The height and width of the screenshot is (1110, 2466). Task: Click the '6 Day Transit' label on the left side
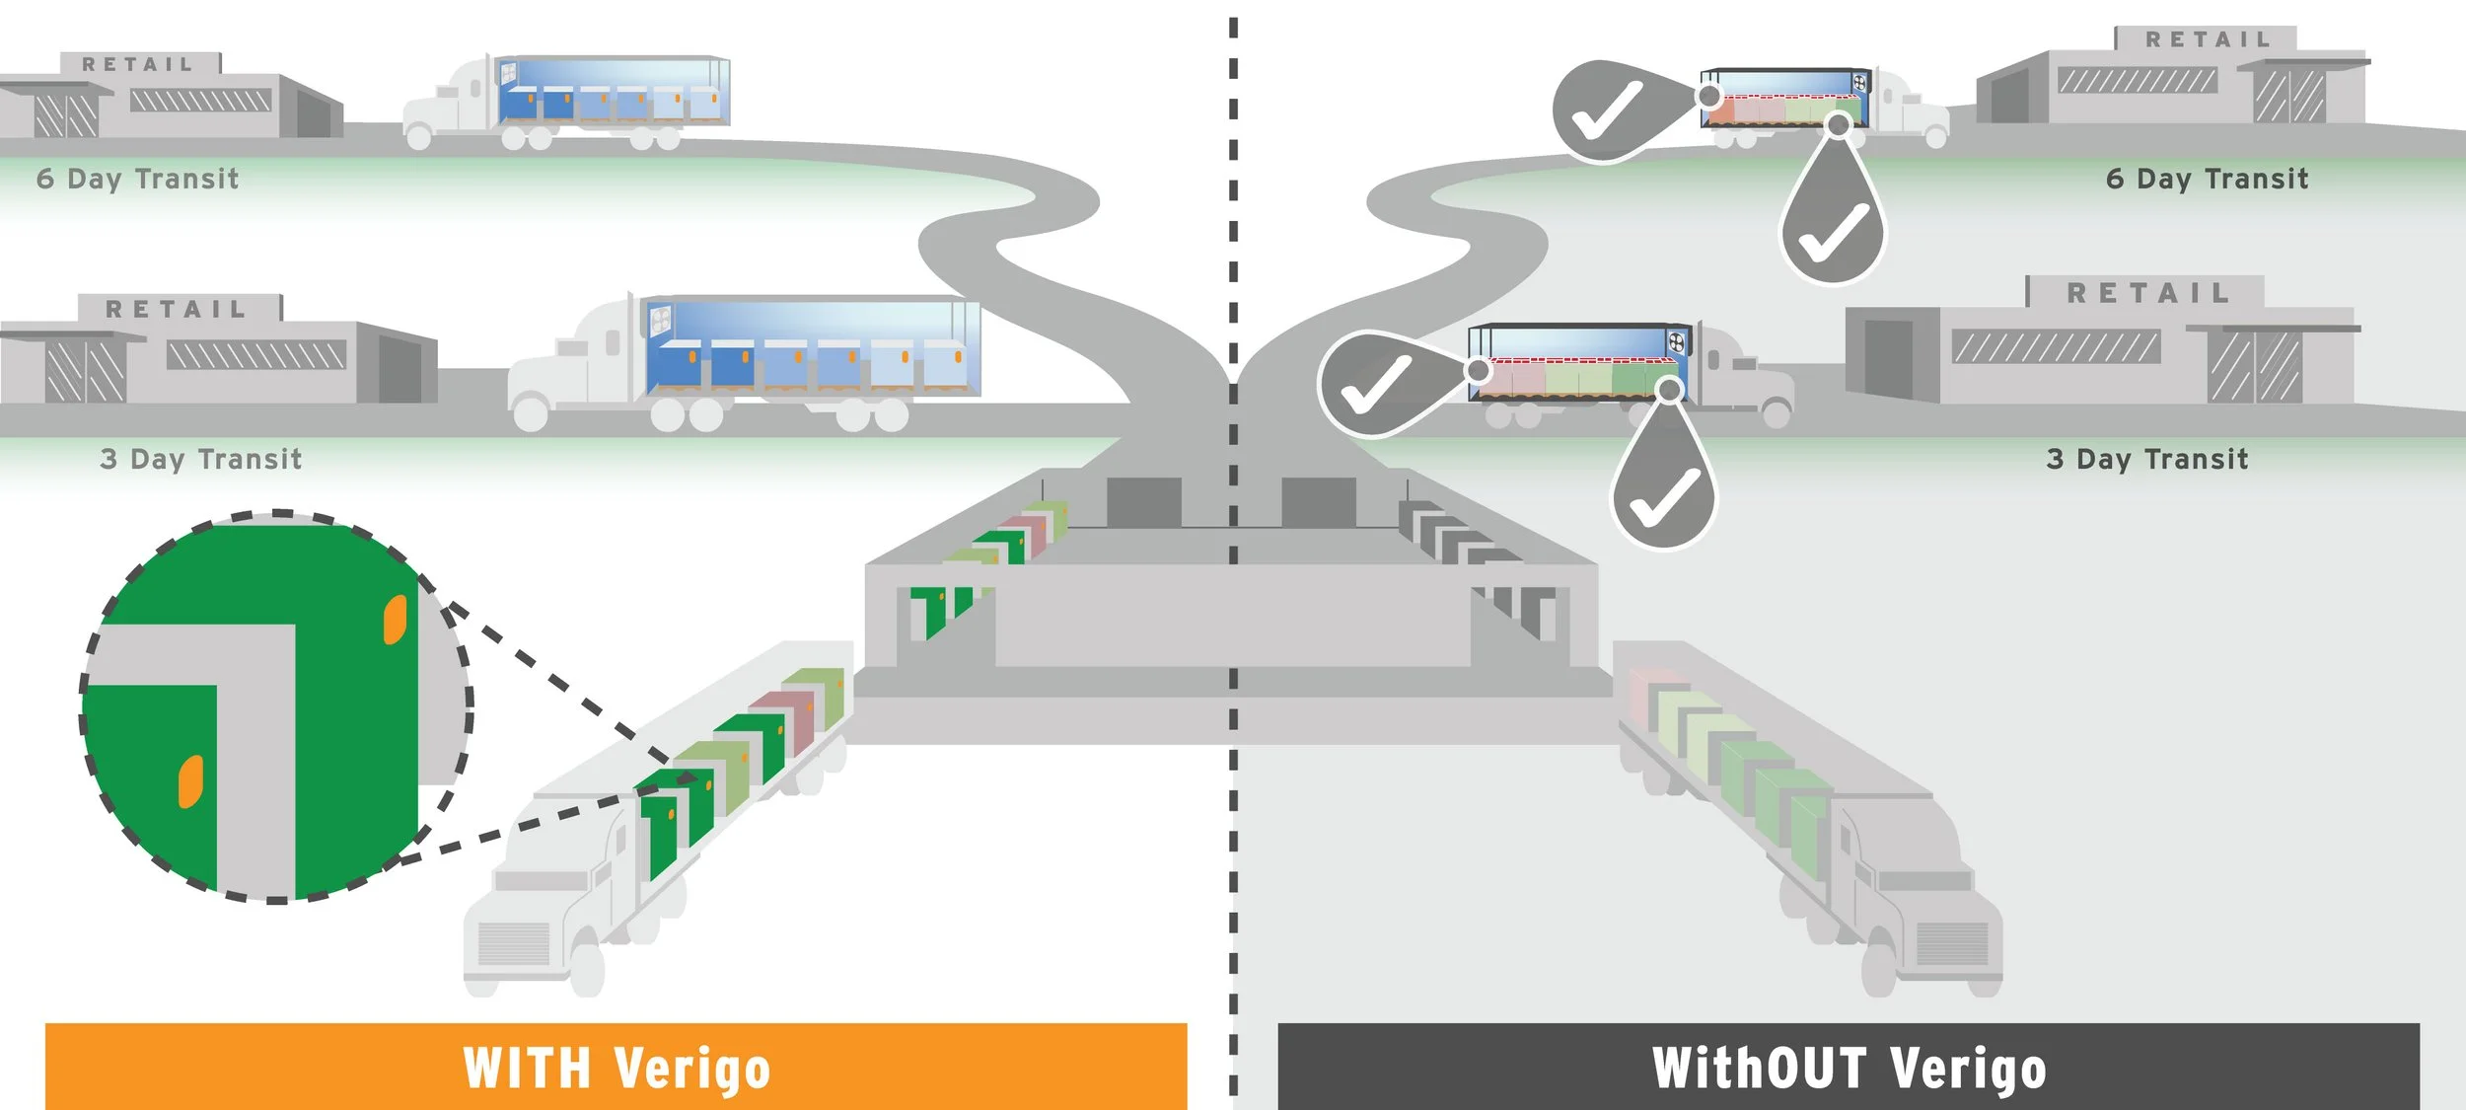[x=138, y=179]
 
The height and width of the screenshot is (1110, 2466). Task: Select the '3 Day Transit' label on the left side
[x=201, y=459]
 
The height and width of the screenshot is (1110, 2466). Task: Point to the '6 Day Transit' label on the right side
[x=2207, y=179]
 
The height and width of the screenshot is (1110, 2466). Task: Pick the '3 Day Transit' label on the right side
[x=2147, y=459]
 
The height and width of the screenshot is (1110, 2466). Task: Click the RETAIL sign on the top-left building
[x=138, y=65]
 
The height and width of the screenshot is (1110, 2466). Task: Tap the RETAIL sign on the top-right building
[x=2208, y=40]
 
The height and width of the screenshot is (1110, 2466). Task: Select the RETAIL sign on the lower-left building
[x=177, y=310]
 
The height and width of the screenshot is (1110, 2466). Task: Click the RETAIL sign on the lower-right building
[x=2148, y=293]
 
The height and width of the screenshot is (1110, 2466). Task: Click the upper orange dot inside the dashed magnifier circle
[x=395, y=619]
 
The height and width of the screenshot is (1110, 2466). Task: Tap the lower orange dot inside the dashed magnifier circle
[x=190, y=781]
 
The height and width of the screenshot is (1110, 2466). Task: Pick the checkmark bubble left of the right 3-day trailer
[x=1375, y=385]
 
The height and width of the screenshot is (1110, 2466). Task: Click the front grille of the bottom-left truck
[x=513, y=943]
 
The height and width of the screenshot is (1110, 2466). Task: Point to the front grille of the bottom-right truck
[x=1951, y=943]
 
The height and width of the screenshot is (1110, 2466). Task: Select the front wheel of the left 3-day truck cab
[x=531, y=412]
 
